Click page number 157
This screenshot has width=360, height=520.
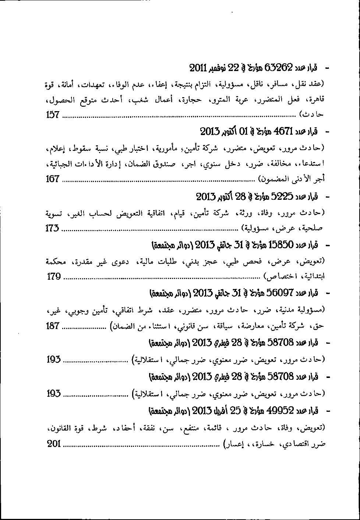pyautogui.click(x=53, y=115)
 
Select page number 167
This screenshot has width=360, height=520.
pyautogui.click(x=53, y=179)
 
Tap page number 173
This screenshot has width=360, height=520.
pyautogui.click(x=52, y=228)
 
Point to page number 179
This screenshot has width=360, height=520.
pyautogui.click(x=54, y=276)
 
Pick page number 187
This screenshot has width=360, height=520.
pyautogui.click(x=53, y=326)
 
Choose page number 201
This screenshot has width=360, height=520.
pyautogui.click(x=54, y=443)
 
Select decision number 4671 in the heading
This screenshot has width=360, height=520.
pyautogui.click(x=283, y=131)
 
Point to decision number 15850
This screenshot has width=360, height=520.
pyautogui.click(x=280, y=244)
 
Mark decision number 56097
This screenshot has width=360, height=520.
pyautogui.click(x=279, y=293)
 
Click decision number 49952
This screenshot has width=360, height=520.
pyautogui.click(x=280, y=410)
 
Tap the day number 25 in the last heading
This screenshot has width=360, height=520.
pyautogui.click(x=236, y=410)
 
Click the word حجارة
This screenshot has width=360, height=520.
pyautogui.click(x=193, y=99)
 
